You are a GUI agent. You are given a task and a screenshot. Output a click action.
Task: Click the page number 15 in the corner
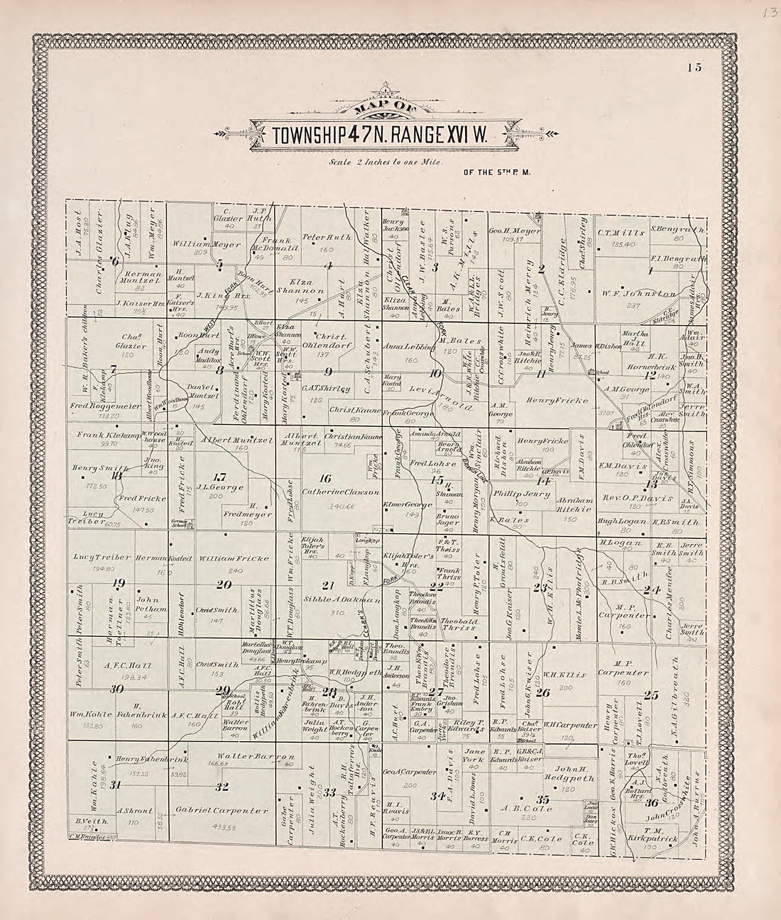click(694, 68)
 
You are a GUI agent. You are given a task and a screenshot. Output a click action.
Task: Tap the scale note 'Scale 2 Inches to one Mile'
click(386, 162)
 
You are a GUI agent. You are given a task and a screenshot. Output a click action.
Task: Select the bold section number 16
click(326, 478)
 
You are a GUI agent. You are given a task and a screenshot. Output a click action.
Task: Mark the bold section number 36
click(651, 802)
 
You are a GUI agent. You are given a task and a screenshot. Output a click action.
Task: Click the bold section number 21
click(327, 585)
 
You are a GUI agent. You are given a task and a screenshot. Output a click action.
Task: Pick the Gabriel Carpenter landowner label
click(223, 811)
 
